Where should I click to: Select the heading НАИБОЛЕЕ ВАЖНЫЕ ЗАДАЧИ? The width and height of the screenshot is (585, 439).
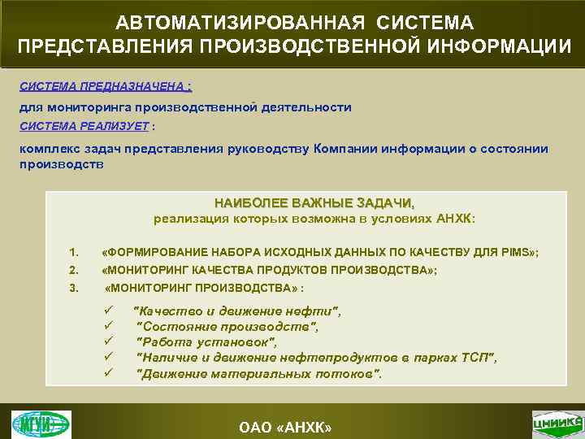[x=314, y=202]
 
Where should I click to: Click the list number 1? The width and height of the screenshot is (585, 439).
[x=74, y=253]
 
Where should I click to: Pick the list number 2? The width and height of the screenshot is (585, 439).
[x=74, y=271]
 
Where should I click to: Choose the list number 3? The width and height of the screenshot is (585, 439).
[x=74, y=288]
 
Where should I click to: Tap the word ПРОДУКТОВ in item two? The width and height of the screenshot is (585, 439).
[x=279, y=271]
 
